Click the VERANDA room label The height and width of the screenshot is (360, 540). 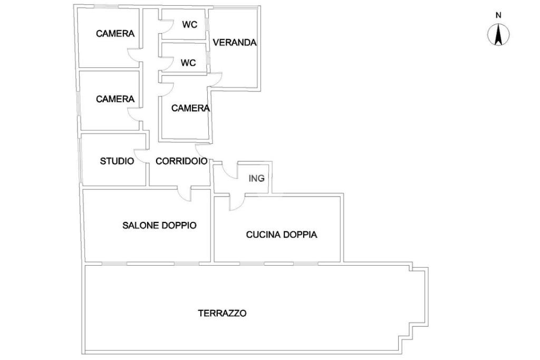[x=235, y=42]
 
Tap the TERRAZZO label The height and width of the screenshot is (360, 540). [x=222, y=313]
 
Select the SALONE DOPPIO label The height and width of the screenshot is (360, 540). [x=159, y=226]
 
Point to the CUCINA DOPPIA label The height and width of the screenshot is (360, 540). [x=282, y=235]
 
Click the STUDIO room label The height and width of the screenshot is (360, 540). [x=117, y=161]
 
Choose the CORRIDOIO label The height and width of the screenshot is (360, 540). [x=181, y=161]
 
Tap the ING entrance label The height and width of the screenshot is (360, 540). [x=257, y=178]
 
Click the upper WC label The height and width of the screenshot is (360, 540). [x=190, y=24]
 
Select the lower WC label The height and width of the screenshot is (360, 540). [x=188, y=63]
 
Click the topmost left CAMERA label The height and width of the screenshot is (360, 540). [x=115, y=33]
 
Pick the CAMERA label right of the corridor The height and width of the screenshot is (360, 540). [x=190, y=108]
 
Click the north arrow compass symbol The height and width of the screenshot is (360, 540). [x=498, y=35]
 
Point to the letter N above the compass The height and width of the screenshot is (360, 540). [x=498, y=15]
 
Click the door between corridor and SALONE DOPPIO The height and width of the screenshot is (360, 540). [x=185, y=195]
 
